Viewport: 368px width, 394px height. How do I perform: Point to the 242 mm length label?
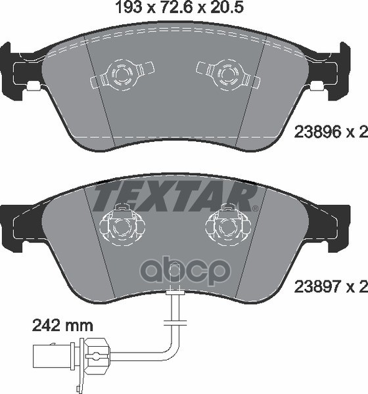coord(62,324)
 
